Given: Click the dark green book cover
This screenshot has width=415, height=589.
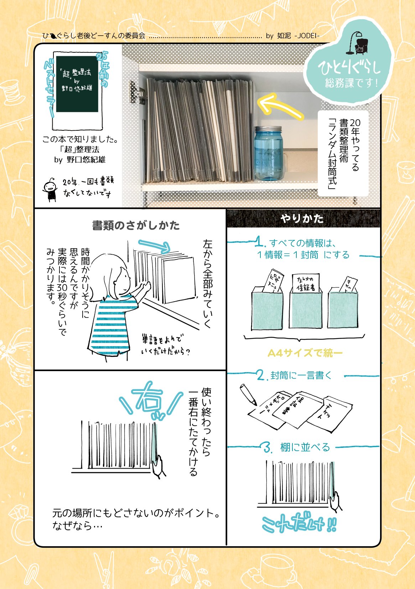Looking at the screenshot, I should click(x=77, y=84).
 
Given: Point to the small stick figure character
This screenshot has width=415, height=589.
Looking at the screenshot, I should click(x=50, y=189).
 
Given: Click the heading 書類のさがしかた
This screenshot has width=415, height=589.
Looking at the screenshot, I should click(x=136, y=225).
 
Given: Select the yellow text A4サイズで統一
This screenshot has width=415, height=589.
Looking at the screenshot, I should click(x=305, y=353).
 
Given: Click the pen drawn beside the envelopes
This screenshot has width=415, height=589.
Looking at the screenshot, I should click(x=248, y=394).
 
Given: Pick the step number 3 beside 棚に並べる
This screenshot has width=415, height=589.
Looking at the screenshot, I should click(x=268, y=447).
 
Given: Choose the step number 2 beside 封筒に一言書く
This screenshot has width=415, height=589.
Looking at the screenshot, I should click(x=261, y=375).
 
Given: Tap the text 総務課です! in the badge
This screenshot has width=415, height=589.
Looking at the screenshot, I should click(x=351, y=83).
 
